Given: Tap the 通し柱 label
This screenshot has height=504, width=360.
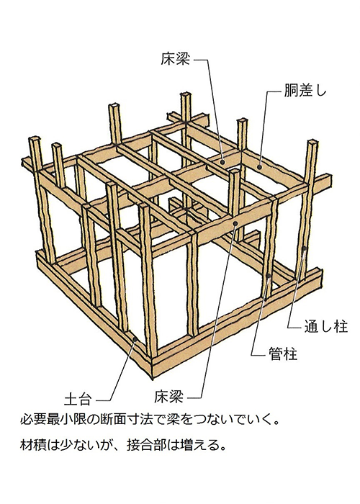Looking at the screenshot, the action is point(326,327).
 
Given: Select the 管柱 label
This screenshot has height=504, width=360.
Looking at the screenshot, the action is point(283,354).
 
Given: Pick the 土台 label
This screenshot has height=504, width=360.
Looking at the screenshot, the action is point(78,400).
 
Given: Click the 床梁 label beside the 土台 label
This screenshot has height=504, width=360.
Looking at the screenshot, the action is point(168,397).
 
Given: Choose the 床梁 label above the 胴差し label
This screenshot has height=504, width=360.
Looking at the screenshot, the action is point(176,59).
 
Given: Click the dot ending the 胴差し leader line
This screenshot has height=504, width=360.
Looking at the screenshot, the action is point(259,167).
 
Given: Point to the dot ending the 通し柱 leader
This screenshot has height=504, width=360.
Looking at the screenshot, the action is point(304,248).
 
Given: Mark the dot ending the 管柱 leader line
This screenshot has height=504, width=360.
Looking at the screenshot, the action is point(269,276).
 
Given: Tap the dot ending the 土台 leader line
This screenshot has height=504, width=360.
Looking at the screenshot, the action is point(135,339).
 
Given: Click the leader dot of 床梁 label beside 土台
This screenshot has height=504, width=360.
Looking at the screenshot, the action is point(235,223).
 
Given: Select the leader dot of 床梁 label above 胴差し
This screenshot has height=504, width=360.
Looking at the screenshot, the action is point(222,163).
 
